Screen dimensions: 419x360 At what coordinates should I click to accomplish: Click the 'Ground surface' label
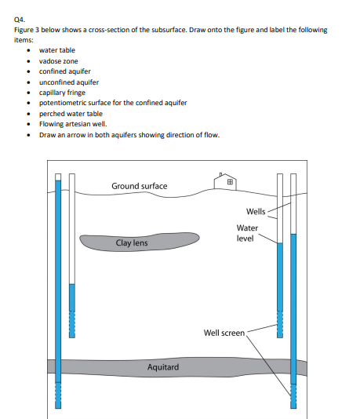(139, 186)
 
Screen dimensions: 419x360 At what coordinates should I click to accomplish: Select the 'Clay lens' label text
(131, 243)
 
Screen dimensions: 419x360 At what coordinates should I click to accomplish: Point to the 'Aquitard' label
(162, 366)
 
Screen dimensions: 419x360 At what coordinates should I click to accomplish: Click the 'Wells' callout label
(256, 212)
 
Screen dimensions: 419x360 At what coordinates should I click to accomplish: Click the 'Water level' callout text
(247, 233)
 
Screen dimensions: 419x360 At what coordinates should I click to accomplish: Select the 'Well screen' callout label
(224, 333)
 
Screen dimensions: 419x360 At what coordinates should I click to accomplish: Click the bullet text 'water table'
(57, 50)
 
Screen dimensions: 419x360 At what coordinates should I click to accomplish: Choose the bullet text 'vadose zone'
(58, 60)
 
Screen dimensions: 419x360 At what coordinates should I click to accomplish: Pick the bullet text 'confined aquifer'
(64, 71)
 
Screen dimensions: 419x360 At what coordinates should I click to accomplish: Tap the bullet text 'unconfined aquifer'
(68, 82)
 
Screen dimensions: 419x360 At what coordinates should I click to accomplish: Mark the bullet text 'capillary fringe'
(64, 92)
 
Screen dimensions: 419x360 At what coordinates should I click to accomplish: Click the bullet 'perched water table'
(70, 113)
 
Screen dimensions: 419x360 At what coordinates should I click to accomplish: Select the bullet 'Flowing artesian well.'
(73, 123)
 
